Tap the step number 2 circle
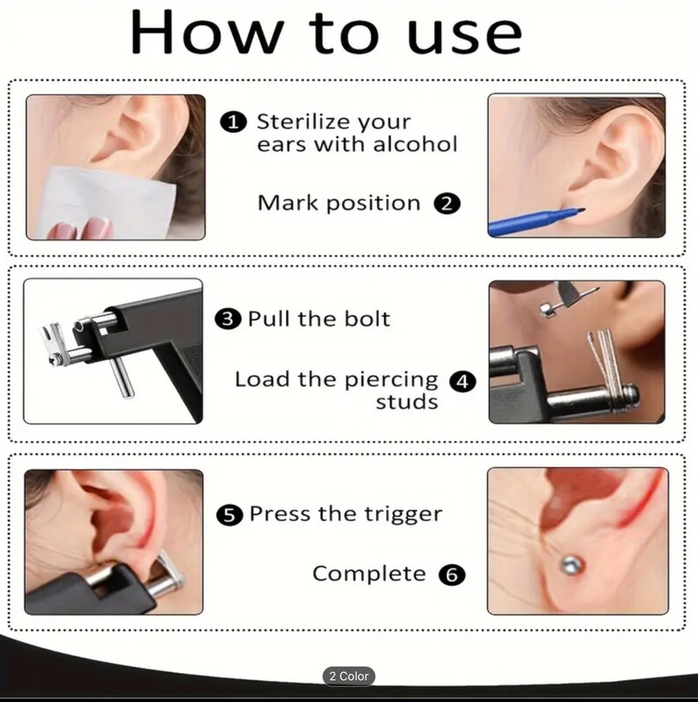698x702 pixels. coord(447,204)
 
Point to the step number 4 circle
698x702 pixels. coord(462,382)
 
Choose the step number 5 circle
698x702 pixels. coord(230,515)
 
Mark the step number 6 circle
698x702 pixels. coord(451,575)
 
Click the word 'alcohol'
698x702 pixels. coord(416,143)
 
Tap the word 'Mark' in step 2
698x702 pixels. coord(287,203)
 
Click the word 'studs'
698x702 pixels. coord(406,403)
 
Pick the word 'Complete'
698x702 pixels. coord(369,574)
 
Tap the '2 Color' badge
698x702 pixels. coord(348,676)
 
